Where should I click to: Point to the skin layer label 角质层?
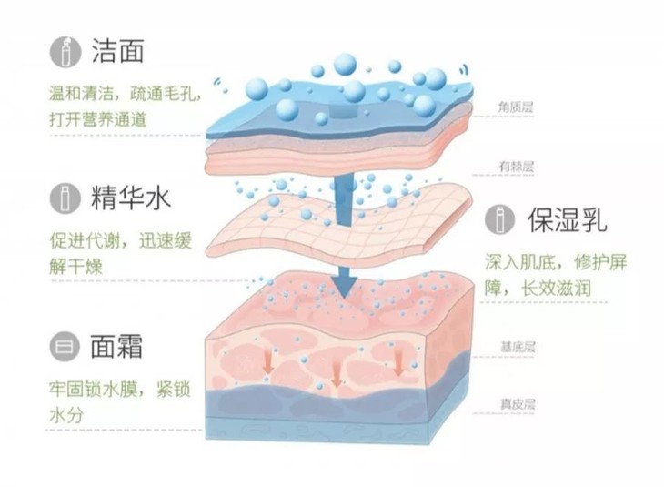point(516,107)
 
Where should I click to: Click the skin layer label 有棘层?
point(516,167)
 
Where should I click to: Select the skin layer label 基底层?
point(516,347)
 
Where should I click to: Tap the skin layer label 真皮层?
point(516,403)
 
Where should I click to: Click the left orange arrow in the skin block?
point(268,362)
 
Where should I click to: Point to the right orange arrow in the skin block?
point(398,362)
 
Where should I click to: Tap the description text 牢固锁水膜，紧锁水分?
point(118,400)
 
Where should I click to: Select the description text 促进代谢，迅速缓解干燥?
point(118,256)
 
